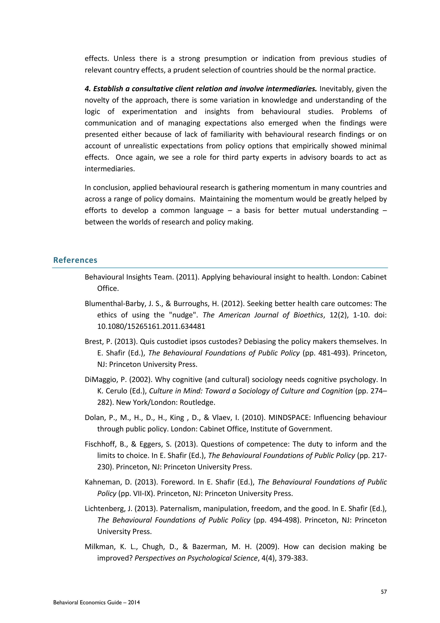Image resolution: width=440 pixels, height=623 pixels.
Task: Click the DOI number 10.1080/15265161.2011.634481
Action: click(151, 326)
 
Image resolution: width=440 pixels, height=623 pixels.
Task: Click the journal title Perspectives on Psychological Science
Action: click(196, 558)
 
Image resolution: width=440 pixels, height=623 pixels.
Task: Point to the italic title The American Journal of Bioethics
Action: click(263, 315)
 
